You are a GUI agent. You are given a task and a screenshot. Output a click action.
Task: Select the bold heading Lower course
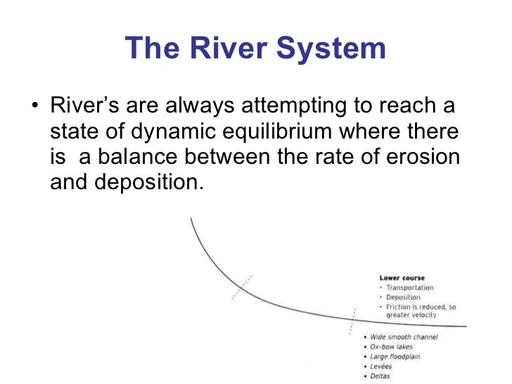(402, 278)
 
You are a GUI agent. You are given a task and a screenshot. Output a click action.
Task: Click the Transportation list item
(410, 288)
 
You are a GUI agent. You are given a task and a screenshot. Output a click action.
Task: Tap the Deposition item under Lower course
(404, 297)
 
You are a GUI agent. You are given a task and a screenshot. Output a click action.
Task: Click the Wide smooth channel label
(404, 337)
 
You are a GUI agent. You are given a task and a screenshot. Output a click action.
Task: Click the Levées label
(384, 366)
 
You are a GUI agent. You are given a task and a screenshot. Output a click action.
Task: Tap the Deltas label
(383, 376)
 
